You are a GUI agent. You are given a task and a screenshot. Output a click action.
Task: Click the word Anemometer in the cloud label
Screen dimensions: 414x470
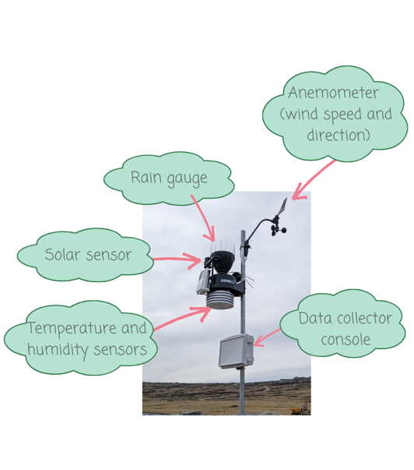333,93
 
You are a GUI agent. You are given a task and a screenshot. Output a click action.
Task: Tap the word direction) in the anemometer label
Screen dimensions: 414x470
339,135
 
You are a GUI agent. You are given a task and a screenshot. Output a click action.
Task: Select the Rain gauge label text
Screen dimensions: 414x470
169,178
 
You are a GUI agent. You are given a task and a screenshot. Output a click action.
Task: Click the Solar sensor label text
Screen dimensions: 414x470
88,255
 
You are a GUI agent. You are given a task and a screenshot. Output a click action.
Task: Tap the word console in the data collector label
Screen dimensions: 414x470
346,340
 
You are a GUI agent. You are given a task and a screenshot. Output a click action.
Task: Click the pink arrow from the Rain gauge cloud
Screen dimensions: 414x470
204,217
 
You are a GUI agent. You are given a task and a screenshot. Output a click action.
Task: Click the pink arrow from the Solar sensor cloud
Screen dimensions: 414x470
177,260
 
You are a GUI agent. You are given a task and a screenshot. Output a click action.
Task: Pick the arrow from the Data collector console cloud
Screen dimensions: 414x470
267,337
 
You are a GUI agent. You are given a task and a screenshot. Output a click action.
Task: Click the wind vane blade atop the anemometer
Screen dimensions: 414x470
282,207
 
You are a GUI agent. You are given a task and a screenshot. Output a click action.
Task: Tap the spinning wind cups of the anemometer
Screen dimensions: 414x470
278,229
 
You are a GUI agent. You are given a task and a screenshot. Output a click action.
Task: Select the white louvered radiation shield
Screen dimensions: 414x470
221,300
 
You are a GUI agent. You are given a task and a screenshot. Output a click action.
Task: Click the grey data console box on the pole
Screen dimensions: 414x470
237,351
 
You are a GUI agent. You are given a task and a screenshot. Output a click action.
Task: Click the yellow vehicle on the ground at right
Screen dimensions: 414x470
300,410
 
